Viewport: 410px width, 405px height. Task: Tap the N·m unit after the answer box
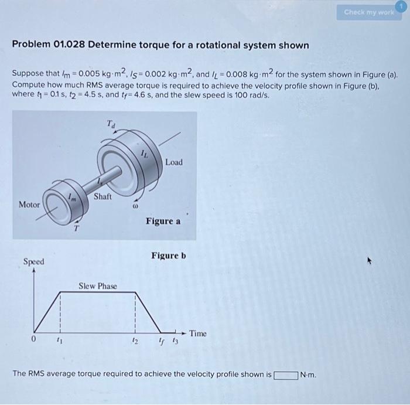coord(308,375)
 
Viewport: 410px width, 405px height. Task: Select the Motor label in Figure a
coord(30,205)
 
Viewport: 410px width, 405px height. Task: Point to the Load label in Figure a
coord(174,162)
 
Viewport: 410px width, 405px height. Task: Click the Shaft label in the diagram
coord(102,196)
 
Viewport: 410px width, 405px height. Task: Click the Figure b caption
coord(169,256)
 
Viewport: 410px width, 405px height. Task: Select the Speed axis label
coord(34,261)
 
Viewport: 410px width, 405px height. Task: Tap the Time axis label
coord(197,333)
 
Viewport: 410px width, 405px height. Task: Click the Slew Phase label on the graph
coord(98,286)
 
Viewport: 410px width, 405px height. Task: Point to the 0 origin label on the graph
coord(34,339)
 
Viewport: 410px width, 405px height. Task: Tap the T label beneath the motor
coord(76,229)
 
